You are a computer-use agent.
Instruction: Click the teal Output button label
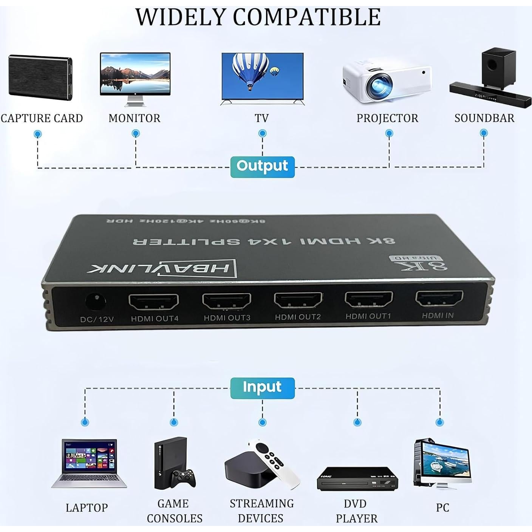pos(262,166)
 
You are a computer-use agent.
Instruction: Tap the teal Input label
pos(262,388)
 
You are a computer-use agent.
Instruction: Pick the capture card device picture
pos(40,78)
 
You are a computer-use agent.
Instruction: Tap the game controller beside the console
pos(183,478)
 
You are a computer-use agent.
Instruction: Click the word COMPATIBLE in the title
pos(306,17)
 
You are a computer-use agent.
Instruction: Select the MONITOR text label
pos(134,118)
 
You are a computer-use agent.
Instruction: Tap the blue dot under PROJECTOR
pos(389,133)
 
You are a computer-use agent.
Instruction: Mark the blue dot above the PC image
pos(439,422)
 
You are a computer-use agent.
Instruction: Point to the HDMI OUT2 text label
pos(298,317)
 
